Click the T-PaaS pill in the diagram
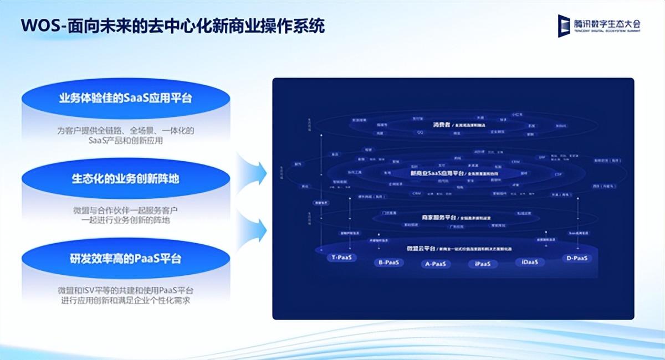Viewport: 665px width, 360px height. [344, 258]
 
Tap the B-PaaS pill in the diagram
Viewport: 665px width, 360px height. [388, 262]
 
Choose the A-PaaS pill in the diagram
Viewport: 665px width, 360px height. [436, 264]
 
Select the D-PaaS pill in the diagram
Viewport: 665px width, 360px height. [576, 258]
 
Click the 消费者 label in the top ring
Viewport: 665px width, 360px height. [426, 125]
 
